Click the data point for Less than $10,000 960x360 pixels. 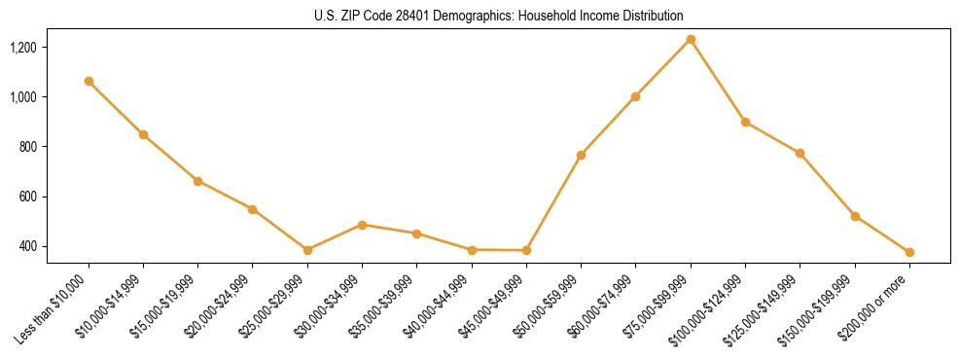tap(89, 82)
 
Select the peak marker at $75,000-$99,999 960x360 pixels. tap(691, 40)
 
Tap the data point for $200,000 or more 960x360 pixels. tap(909, 252)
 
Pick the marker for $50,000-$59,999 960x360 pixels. tap(581, 155)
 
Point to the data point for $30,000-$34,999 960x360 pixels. tap(362, 225)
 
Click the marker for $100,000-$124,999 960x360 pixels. tap(745, 122)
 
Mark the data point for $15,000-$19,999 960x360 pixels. tap(197, 181)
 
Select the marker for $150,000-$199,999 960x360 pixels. tap(855, 216)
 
